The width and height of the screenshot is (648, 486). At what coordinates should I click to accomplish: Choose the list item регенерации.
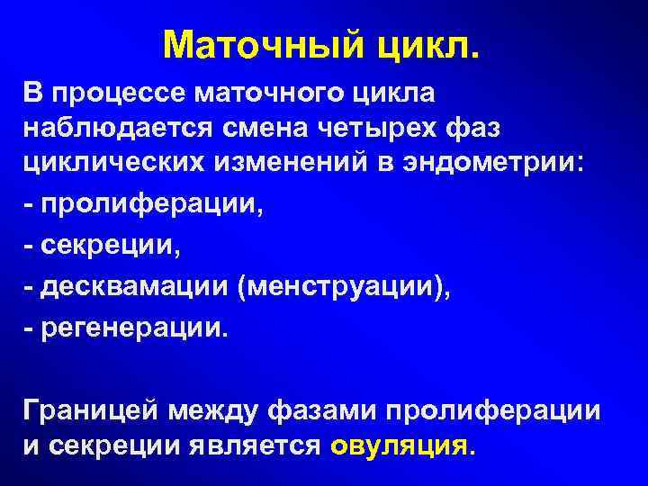[x=126, y=327]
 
